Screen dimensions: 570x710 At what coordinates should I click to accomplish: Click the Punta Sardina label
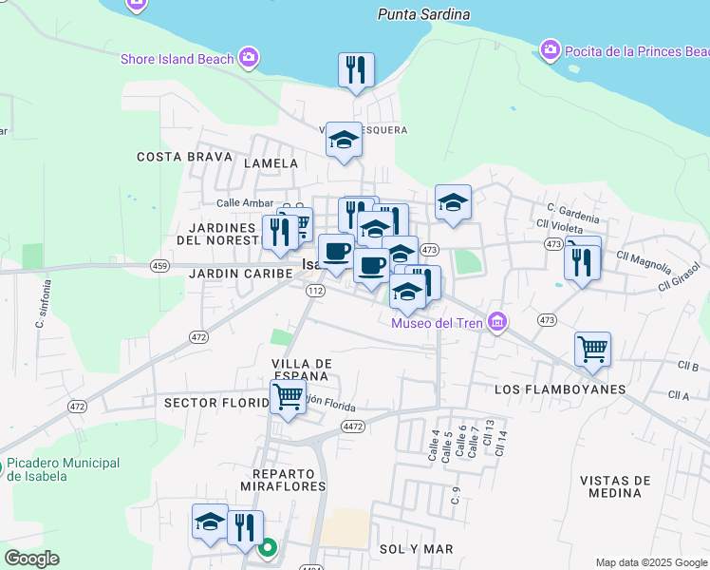pos(423,14)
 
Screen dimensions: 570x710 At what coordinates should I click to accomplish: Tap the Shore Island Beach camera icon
pos(249,58)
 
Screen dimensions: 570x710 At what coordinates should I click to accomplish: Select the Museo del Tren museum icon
pos(496,324)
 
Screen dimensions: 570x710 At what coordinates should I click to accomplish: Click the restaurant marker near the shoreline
pos(357,69)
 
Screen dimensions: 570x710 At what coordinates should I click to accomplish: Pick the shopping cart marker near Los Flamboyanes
pos(592,349)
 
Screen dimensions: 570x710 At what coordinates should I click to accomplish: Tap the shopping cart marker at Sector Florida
pos(289,397)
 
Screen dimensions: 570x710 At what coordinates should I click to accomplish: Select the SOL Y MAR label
pos(416,549)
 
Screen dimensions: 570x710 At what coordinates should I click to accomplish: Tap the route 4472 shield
pos(353,427)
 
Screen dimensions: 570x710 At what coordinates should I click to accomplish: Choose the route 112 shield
pos(315,291)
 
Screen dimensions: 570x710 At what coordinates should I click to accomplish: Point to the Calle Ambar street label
pos(244,203)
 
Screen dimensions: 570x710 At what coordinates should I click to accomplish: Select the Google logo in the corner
pos(31,559)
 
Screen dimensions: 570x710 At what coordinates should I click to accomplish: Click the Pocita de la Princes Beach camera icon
pos(550,49)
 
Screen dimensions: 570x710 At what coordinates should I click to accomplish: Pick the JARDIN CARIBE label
pos(228,274)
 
